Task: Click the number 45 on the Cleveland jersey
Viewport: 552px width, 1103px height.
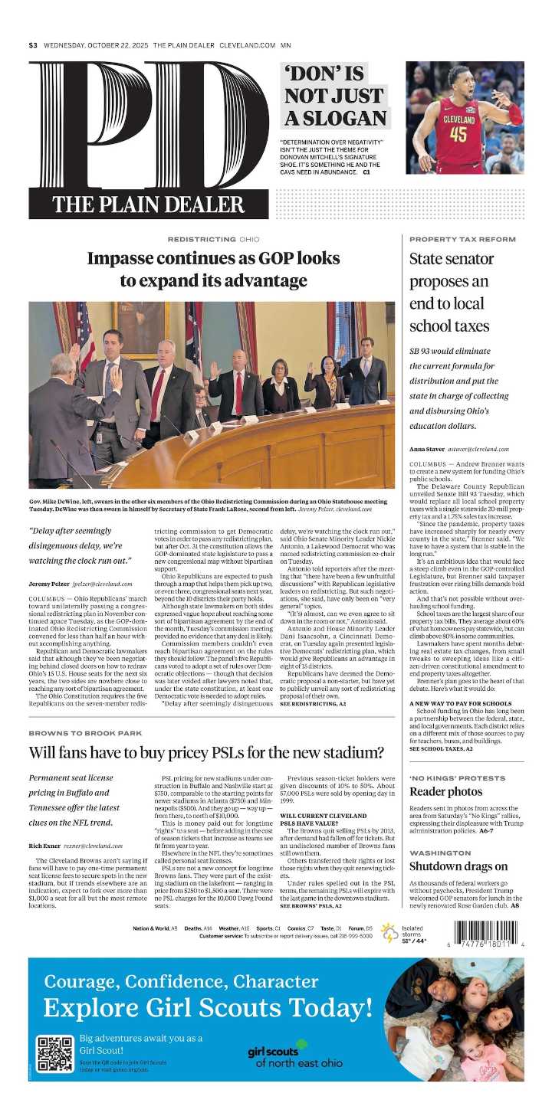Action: point(458,133)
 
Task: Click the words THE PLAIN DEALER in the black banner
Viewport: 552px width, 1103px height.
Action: point(148,205)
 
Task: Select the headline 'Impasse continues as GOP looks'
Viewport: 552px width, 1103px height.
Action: point(213,259)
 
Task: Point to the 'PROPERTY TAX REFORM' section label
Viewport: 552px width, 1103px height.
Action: point(462,239)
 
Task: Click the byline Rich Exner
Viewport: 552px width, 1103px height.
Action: point(44,846)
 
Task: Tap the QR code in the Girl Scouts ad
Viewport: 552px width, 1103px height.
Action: point(55,1053)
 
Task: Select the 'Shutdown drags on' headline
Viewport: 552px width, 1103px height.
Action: point(458,866)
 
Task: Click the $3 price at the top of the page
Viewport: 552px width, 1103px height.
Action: point(33,45)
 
